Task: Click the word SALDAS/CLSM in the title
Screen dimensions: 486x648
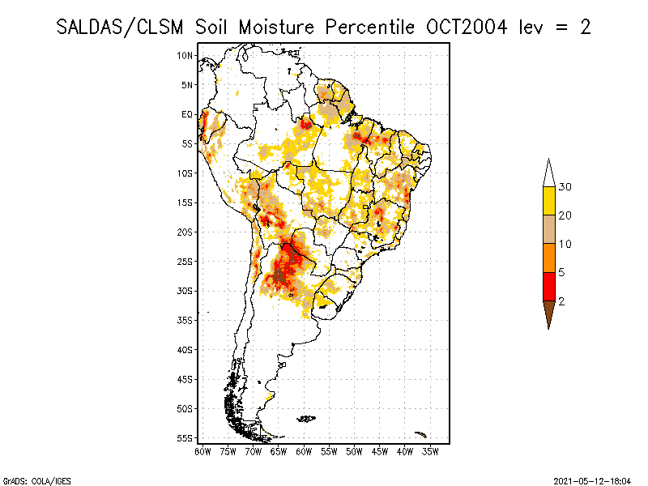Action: pyautogui.click(x=122, y=27)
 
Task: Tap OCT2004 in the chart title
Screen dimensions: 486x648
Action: pyautogui.click(x=467, y=27)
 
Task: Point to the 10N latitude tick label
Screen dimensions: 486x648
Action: pyautogui.click(x=185, y=55)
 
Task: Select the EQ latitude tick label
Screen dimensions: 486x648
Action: pyautogui.click(x=186, y=114)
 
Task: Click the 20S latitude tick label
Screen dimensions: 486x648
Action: pyautogui.click(x=185, y=232)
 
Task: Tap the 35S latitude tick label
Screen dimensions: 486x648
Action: pyautogui.click(x=185, y=320)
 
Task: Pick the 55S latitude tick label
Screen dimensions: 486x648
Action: pyautogui.click(x=185, y=437)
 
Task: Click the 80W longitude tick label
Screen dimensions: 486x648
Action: pyautogui.click(x=203, y=450)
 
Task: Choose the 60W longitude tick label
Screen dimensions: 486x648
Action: pyautogui.click(x=305, y=450)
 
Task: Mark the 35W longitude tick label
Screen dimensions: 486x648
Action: pyautogui.click(x=430, y=450)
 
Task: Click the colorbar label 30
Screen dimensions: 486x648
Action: pyautogui.click(x=565, y=187)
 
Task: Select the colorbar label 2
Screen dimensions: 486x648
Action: pyautogui.click(x=561, y=301)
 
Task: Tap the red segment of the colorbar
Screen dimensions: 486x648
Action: pyautogui.click(x=548, y=286)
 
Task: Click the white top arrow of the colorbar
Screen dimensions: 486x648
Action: pyautogui.click(x=548, y=174)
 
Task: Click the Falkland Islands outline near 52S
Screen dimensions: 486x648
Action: pyautogui.click(x=306, y=418)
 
